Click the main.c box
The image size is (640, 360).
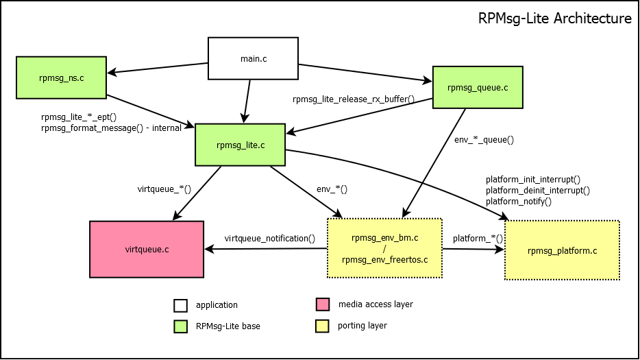[253, 58]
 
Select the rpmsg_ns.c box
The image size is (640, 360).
[61, 77]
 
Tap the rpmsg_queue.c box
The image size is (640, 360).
[477, 87]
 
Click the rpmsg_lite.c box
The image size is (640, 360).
[240, 145]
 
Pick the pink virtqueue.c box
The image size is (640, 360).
[147, 249]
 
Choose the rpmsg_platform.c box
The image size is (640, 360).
[562, 250]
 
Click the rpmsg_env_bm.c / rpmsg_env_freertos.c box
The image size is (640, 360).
[384, 248]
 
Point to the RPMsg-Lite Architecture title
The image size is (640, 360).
[554, 19]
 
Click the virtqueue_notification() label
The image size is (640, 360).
[270, 239]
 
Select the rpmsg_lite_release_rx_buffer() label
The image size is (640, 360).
[354, 99]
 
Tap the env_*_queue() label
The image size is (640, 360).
[484, 139]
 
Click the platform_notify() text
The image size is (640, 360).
[518, 202]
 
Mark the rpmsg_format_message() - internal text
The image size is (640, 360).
[111, 128]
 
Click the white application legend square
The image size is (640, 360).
[180, 305]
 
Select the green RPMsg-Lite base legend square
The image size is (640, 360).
[180, 326]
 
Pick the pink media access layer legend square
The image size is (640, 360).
[322, 304]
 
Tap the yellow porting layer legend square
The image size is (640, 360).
[322, 326]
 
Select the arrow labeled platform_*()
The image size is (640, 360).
[473, 250]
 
